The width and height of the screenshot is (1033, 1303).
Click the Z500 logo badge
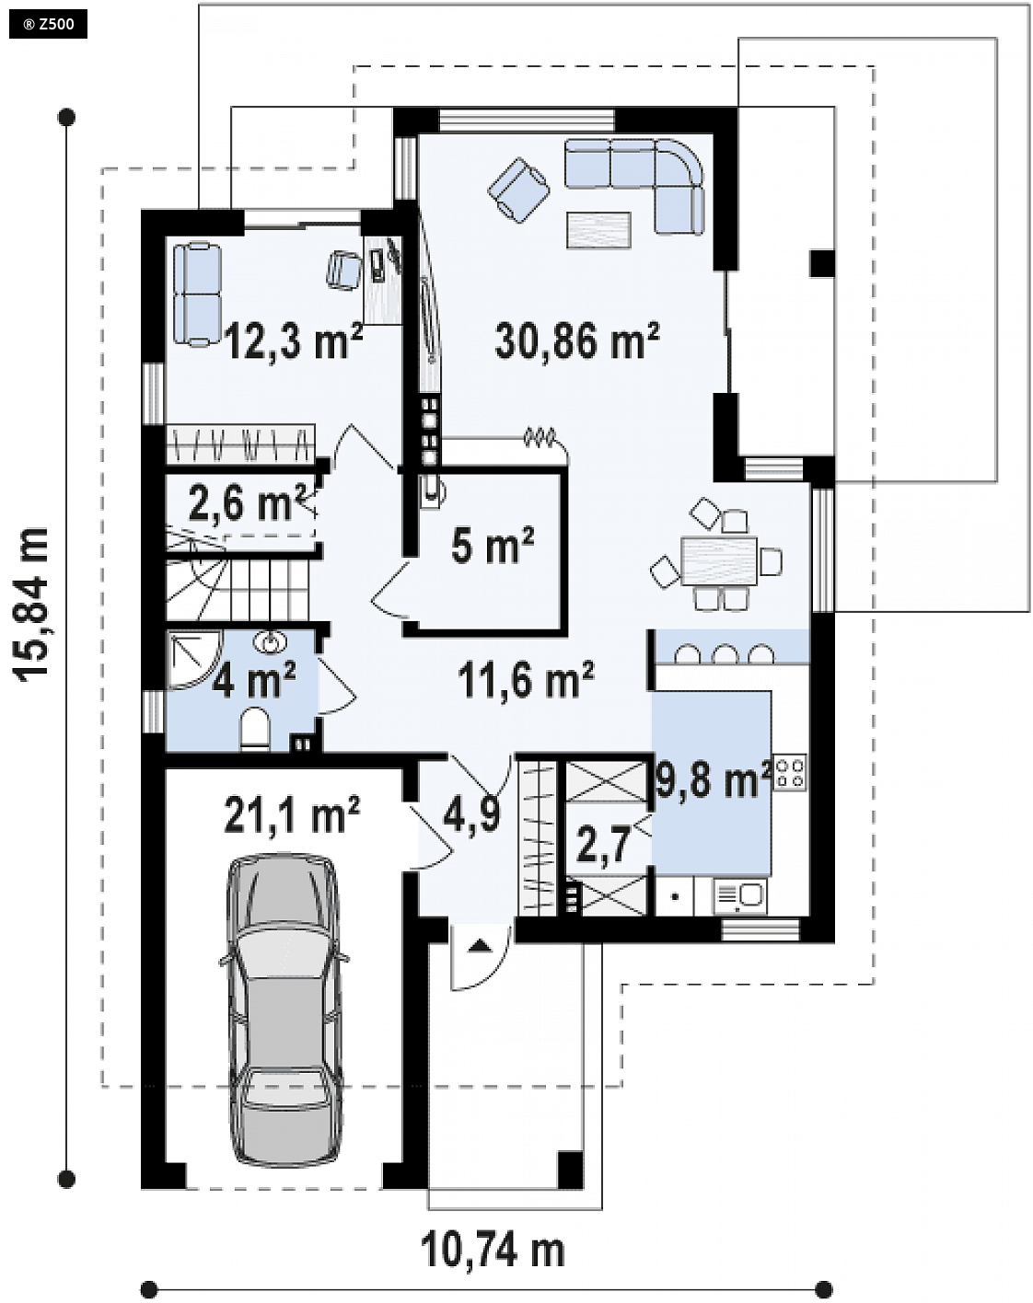(x=48, y=24)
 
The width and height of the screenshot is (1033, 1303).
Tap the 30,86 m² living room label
(x=576, y=340)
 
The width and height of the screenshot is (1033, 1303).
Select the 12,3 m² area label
(x=294, y=340)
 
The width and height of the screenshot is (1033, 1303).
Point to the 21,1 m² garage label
(x=292, y=814)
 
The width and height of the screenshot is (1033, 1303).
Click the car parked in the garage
(x=283, y=1010)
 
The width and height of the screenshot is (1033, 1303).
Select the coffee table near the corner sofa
(x=598, y=229)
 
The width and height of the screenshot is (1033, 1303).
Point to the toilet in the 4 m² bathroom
(x=254, y=730)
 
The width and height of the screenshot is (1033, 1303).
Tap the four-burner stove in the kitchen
(x=790, y=773)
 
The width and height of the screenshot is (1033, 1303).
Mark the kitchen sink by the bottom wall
(x=739, y=897)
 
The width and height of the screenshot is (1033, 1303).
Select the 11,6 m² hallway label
(x=526, y=679)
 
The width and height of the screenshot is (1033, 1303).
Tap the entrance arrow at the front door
(x=480, y=944)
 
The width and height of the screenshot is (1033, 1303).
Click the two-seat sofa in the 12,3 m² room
(x=197, y=294)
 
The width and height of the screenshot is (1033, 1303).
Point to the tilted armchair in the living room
(x=518, y=189)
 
